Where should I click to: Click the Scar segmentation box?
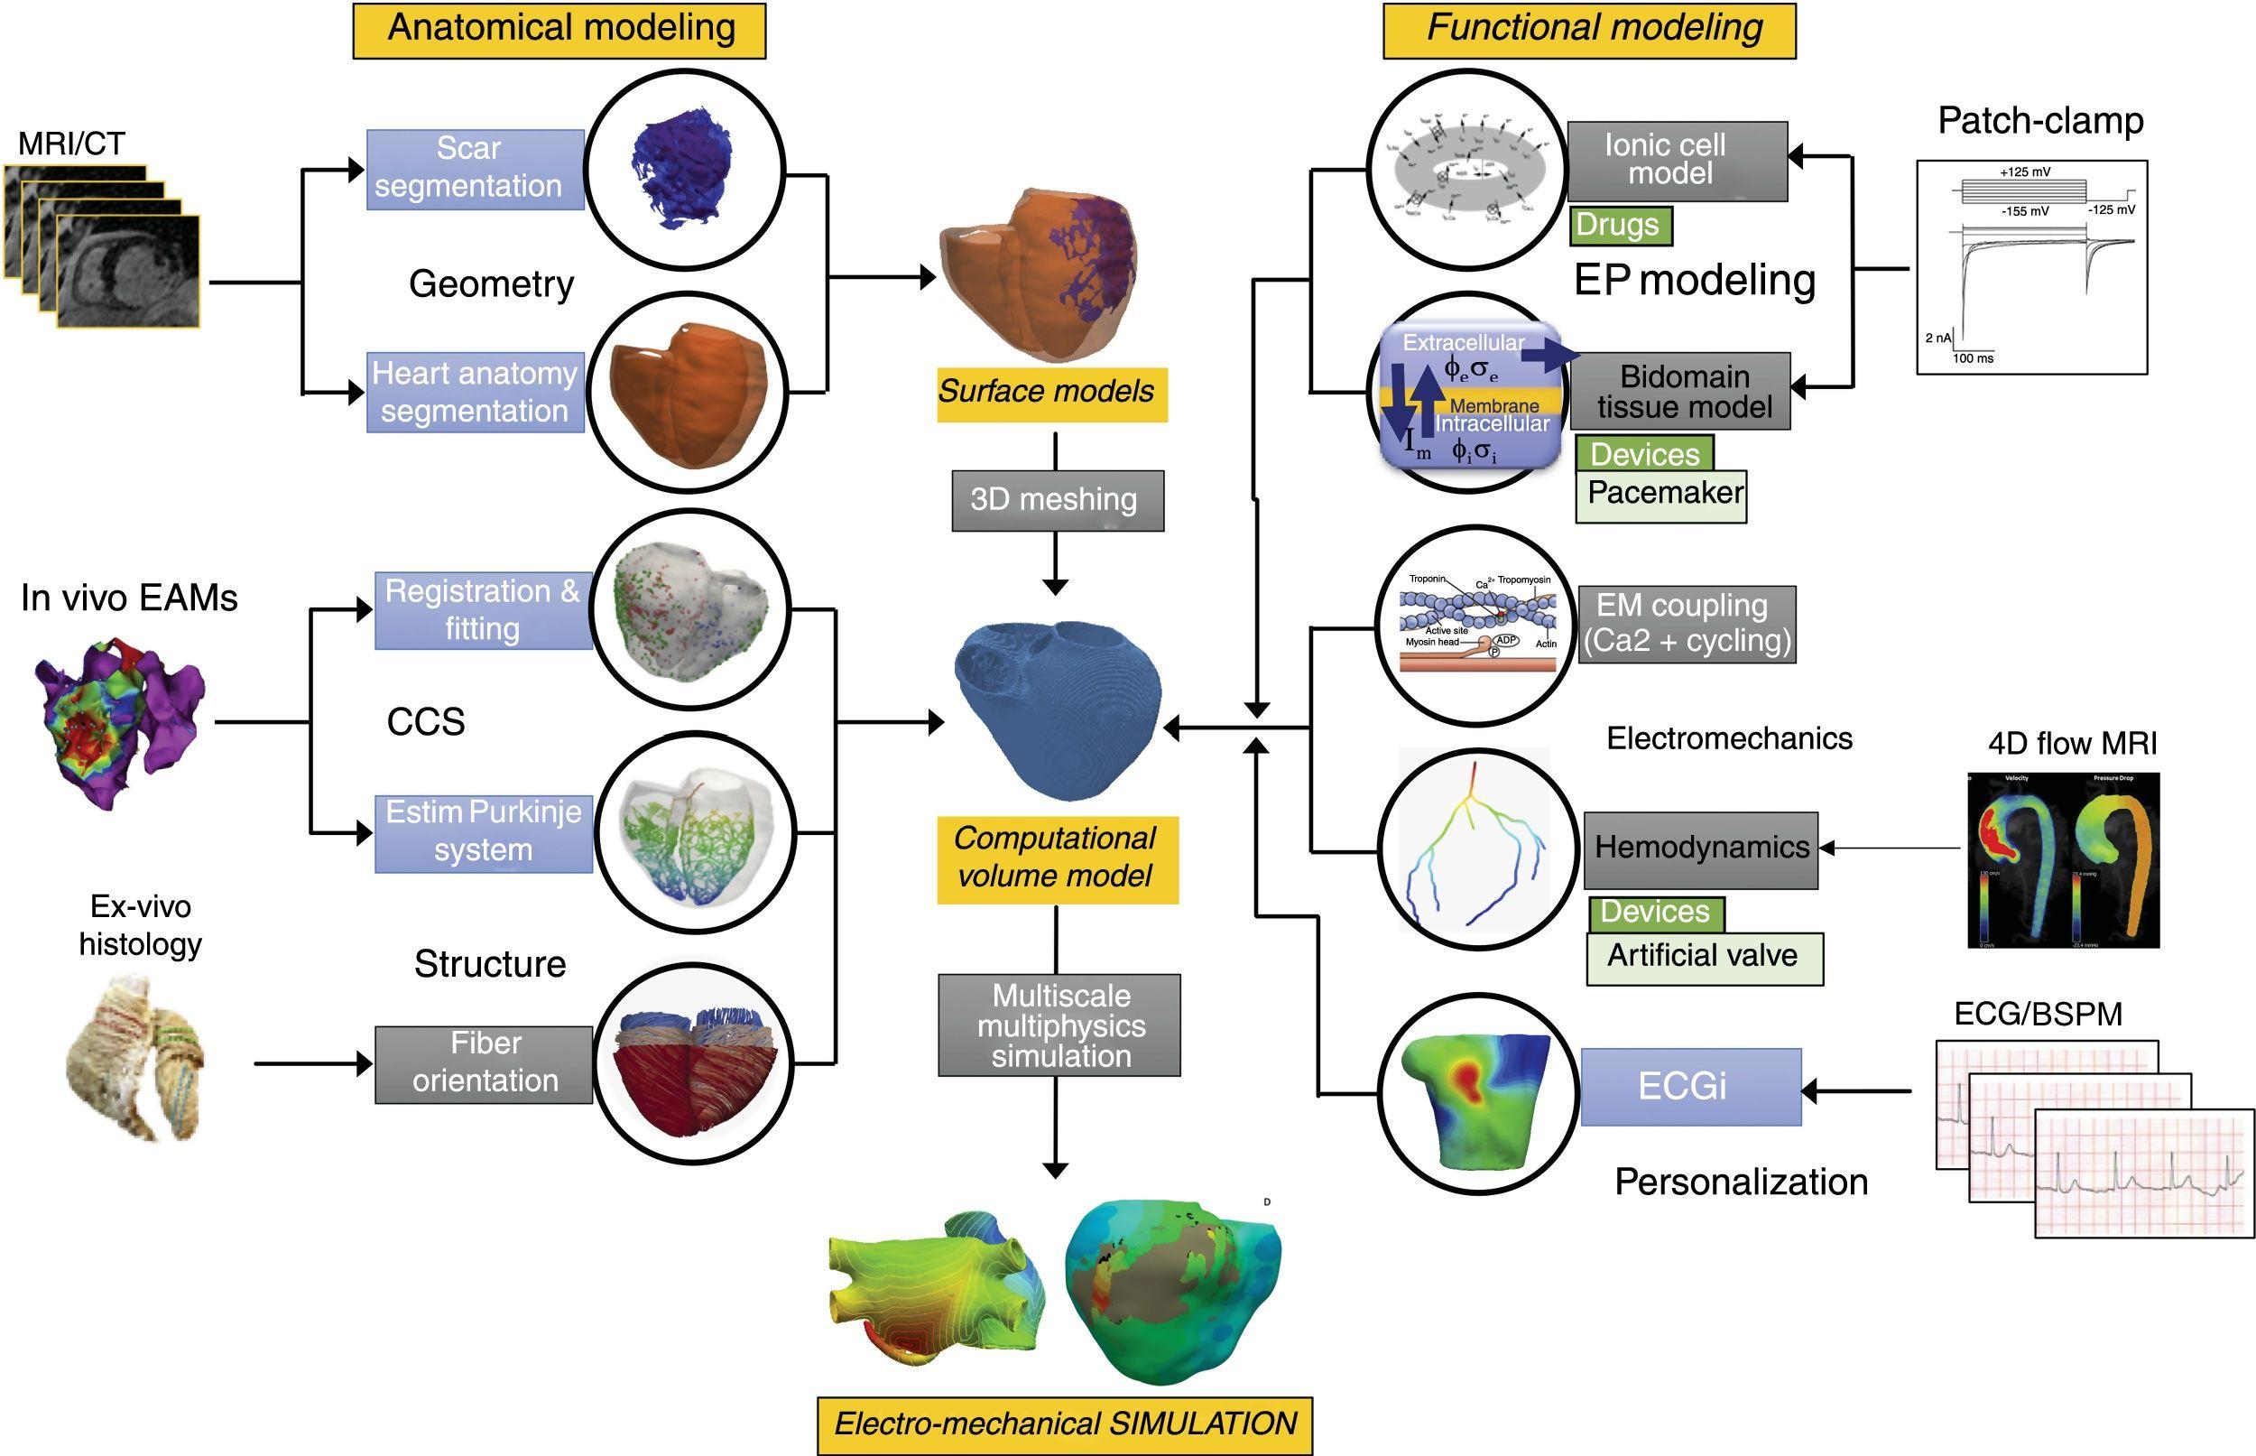click(475, 168)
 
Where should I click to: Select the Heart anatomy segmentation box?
click(475, 392)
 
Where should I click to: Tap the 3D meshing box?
click(1057, 499)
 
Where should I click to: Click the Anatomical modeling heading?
click(559, 29)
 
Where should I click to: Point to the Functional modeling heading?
click(1589, 29)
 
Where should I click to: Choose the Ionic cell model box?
click(1677, 160)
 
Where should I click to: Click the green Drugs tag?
click(1620, 225)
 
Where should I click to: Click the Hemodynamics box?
click(1700, 849)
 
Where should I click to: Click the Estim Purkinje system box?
click(483, 832)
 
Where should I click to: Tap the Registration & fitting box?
click(483, 610)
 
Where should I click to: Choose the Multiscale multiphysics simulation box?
click(1059, 1025)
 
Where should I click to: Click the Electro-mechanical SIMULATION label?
click(1064, 1424)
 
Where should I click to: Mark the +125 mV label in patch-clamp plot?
click(2024, 172)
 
